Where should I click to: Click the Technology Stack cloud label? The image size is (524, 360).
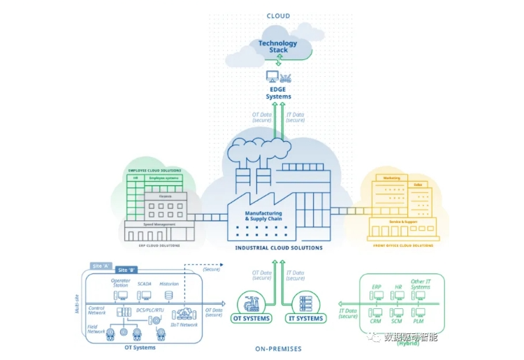pos(277,47)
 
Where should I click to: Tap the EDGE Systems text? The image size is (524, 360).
pos(278,93)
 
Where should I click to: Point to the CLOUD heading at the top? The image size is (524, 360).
pos(278,15)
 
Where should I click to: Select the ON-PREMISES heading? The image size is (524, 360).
pos(278,348)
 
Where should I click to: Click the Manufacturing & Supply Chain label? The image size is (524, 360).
pos(263,216)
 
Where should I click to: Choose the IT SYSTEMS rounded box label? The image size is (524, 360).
pos(305,319)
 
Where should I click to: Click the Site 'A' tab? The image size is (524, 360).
pos(102,266)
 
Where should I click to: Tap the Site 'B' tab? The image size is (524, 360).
pos(127,271)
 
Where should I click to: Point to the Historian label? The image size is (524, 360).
pos(168,284)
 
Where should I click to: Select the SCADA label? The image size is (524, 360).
pos(145,284)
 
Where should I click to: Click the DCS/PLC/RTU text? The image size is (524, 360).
pos(149,310)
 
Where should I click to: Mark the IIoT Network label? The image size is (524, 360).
pos(184,325)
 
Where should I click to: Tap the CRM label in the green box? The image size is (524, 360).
pos(375,321)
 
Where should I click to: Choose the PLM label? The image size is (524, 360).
pos(419,321)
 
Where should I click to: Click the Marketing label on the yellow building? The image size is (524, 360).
pos(392,178)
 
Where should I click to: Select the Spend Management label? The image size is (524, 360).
pos(159,224)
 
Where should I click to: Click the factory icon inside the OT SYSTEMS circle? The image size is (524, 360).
pos(251,303)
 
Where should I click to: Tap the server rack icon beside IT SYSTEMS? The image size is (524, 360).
pos(305,303)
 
